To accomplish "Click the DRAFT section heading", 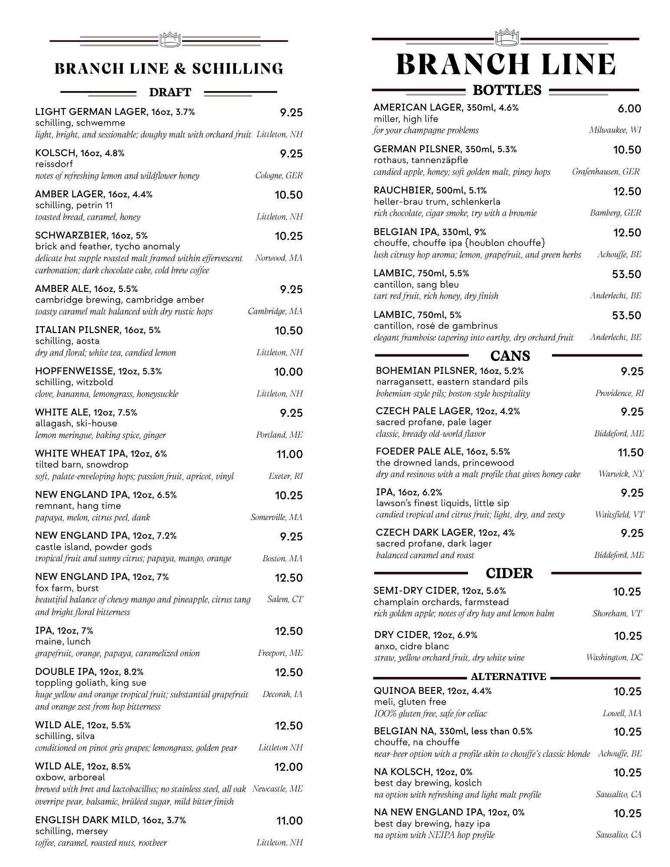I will pos(170,92).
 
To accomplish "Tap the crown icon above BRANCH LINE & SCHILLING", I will pos(170,39).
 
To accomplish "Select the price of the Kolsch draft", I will pos(291,154).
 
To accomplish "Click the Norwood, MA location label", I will pos(279,258).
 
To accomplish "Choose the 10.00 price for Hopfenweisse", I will pos(288,372).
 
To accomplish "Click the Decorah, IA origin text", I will pos(282,694).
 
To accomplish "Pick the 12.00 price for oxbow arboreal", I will pos(288,767).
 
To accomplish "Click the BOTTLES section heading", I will pos(507,90).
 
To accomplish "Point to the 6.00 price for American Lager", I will pos(629,109).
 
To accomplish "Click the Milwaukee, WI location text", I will pos(615,130).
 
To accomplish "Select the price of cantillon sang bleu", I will pos(626,275).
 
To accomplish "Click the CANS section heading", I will pos(510,356).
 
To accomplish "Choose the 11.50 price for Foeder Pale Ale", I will pos(631,453).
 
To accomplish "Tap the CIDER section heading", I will pos(509,573).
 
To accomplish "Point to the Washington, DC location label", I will pos(614,658).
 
